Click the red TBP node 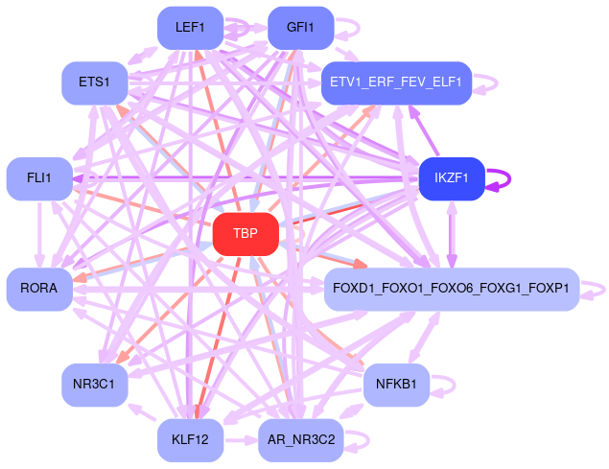[x=246, y=234]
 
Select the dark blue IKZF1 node [x=451, y=178]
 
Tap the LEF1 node [x=190, y=28]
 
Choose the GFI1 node [x=300, y=28]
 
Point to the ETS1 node [x=95, y=83]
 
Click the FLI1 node [x=39, y=178]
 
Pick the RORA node [x=39, y=289]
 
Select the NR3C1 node [x=95, y=385]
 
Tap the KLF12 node [x=190, y=440]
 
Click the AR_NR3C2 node [x=300, y=440]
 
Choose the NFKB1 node [x=396, y=385]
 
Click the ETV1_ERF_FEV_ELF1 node [x=396, y=83]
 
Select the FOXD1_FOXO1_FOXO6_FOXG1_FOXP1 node [x=451, y=289]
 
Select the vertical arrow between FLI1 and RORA [x=39, y=233]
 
